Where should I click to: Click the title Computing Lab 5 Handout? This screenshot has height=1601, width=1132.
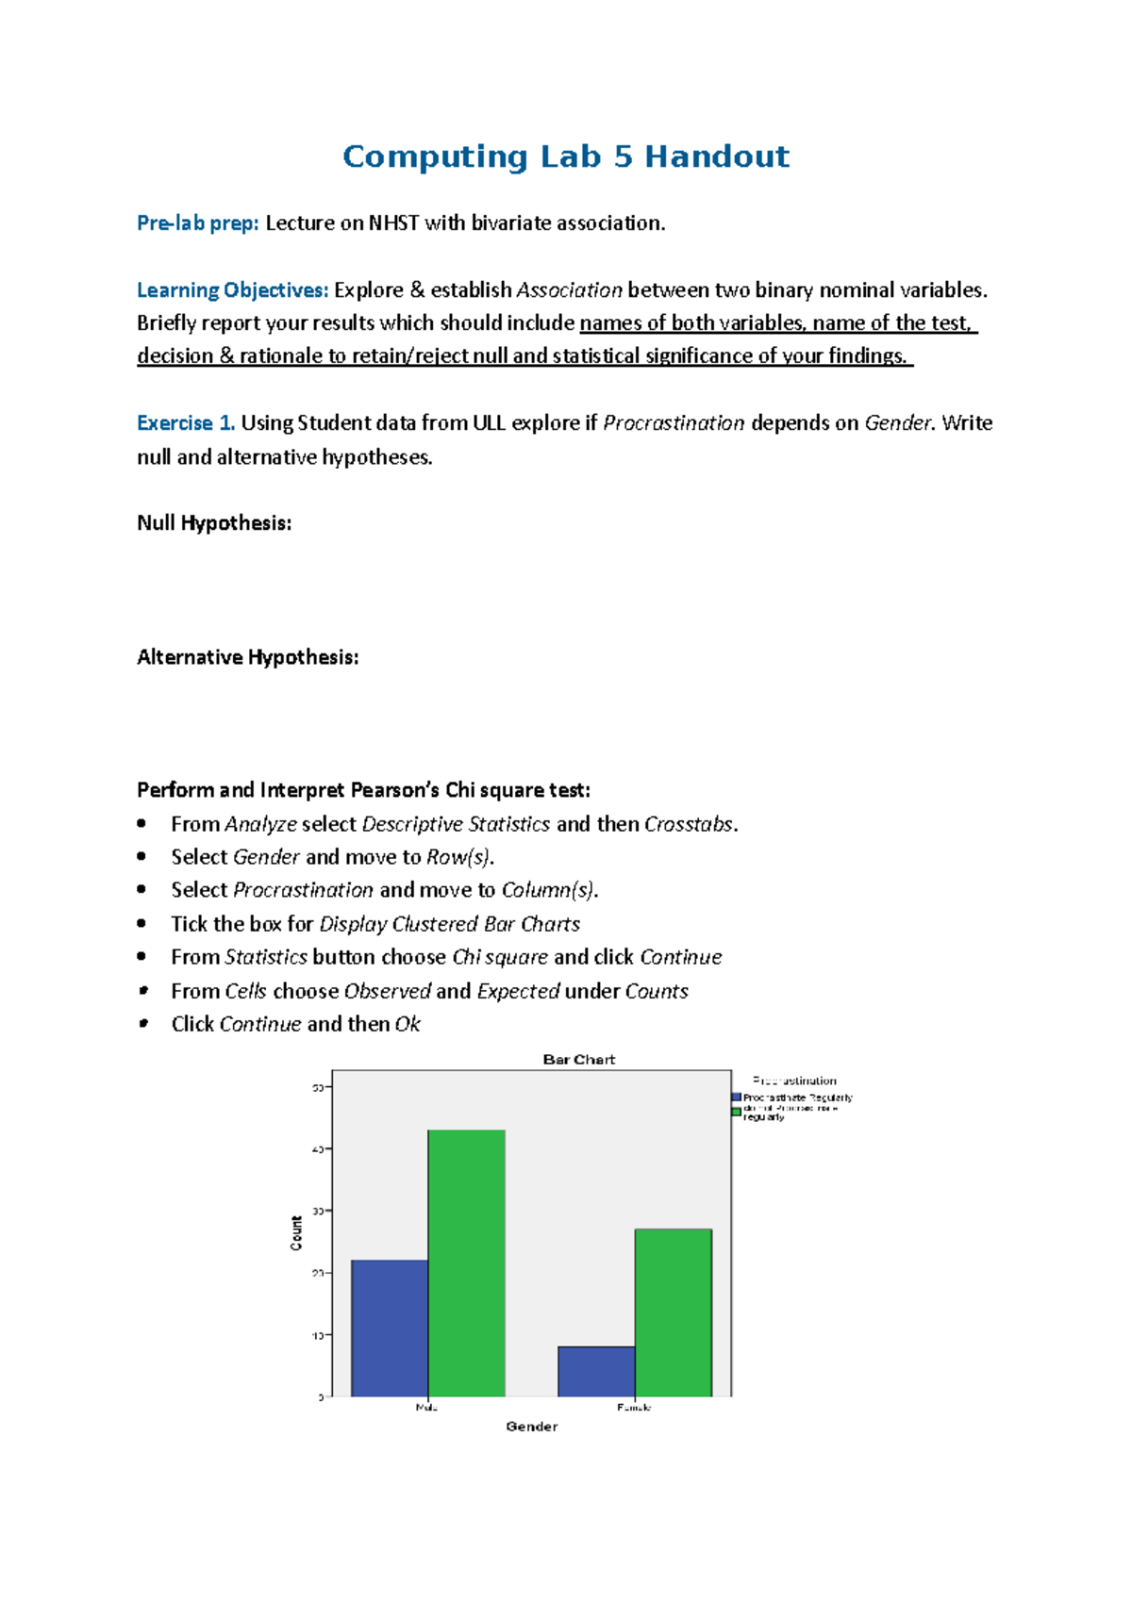click(565, 157)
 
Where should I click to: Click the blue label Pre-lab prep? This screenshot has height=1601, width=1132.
click(197, 223)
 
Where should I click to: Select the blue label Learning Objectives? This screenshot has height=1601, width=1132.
click(232, 290)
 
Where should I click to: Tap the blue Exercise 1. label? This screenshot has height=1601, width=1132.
click(186, 423)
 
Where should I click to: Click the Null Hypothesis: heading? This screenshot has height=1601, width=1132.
click(214, 523)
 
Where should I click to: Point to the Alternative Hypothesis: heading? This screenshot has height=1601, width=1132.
click(247, 657)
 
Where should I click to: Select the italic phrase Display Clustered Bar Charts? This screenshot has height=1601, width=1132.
click(450, 924)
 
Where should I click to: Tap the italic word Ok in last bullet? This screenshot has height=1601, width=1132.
click(408, 1024)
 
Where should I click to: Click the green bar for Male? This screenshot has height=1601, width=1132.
click(467, 1263)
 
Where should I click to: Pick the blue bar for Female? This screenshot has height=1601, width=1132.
click(596, 1371)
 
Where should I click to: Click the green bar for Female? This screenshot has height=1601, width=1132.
click(674, 1312)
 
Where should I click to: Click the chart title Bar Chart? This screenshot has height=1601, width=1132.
click(578, 1060)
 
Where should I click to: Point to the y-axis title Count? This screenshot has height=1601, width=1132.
click(296, 1233)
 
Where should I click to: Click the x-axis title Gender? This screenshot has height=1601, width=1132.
click(532, 1427)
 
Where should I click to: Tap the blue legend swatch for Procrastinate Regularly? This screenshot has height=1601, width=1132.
click(737, 1098)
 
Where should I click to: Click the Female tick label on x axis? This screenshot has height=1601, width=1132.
click(634, 1408)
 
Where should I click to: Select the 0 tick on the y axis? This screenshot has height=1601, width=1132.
click(321, 1397)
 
